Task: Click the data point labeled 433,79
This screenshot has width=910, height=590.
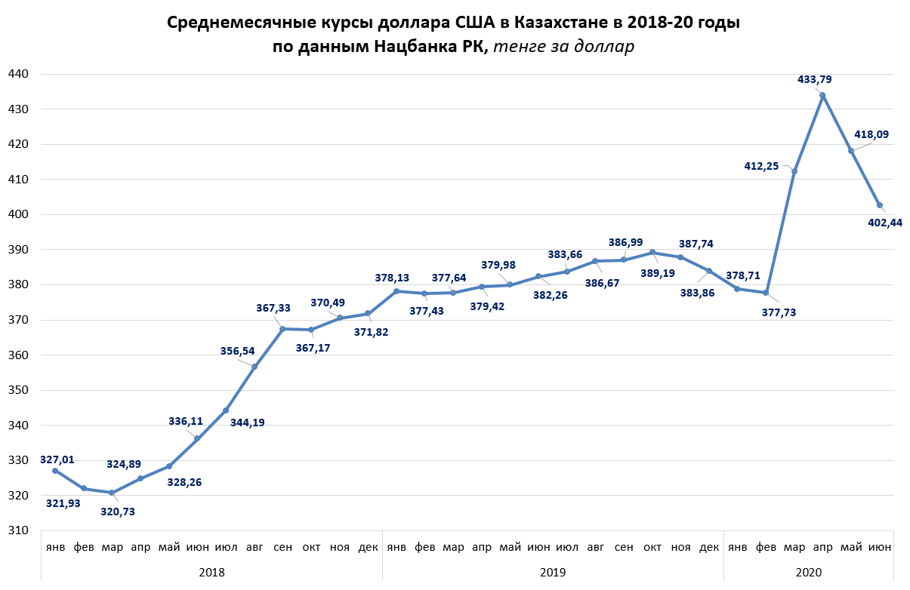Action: pyautogui.click(x=822, y=95)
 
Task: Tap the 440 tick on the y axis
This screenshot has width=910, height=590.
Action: pyautogui.click(x=17, y=74)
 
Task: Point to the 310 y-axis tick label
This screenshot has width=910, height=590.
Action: pyautogui.click(x=17, y=530)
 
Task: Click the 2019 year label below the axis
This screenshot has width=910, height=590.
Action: pyautogui.click(x=553, y=572)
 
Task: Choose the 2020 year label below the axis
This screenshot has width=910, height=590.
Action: pyautogui.click(x=808, y=572)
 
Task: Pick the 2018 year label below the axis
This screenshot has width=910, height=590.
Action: pyautogui.click(x=211, y=572)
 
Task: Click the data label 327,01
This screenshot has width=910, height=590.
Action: pyautogui.click(x=58, y=459)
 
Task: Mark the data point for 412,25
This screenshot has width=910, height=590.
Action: pyautogui.click(x=794, y=171)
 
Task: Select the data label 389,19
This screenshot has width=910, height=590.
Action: pyautogui.click(x=659, y=272)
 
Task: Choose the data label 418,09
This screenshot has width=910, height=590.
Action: pyautogui.click(x=871, y=134)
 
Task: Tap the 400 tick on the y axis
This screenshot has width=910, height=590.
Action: pyautogui.click(x=17, y=214)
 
